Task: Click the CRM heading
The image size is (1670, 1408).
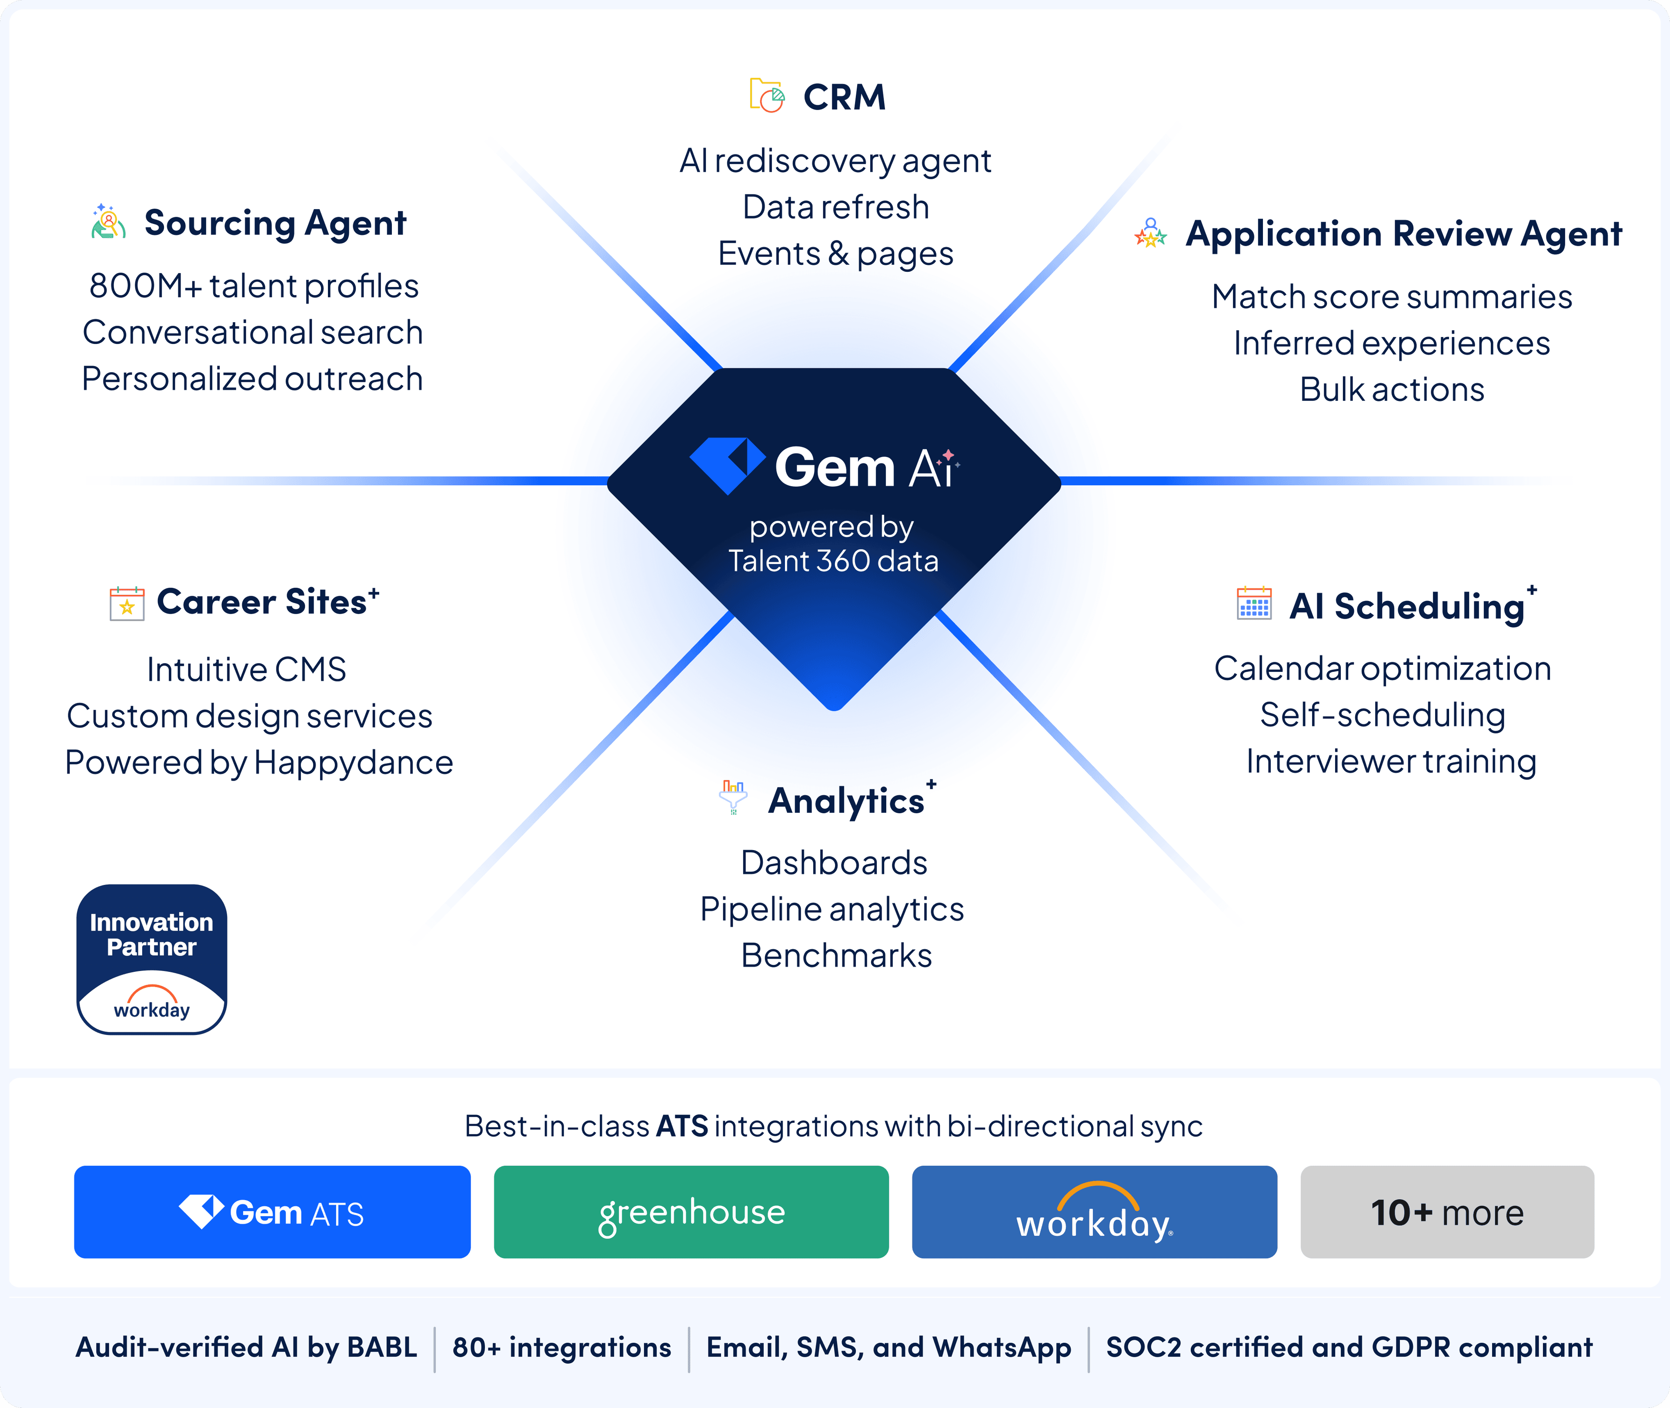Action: (844, 97)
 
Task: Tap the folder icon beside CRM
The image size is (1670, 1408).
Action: (766, 96)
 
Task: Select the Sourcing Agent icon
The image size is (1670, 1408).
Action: (109, 222)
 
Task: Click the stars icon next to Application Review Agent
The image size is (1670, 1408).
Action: (1150, 233)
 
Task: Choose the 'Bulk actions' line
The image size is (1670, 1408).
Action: (1391, 390)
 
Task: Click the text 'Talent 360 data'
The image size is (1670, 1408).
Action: (832, 561)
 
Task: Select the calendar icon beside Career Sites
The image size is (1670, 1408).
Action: (127, 604)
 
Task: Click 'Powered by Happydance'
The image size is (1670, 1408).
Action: (259, 762)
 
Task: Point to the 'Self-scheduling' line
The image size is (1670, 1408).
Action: (1382, 715)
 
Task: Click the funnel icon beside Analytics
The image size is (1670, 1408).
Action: (733, 797)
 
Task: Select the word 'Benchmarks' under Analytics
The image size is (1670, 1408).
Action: (836, 955)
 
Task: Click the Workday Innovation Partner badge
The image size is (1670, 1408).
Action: (152, 959)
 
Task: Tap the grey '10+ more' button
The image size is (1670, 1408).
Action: (1446, 1211)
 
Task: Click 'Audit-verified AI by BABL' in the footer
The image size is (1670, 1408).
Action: (246, 1347)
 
